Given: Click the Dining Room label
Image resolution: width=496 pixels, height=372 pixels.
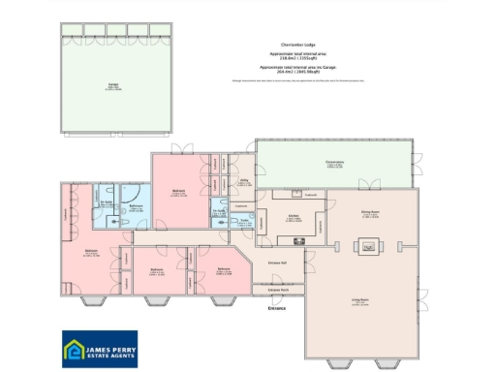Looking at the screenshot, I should pyautogui.click(x=369, y=215).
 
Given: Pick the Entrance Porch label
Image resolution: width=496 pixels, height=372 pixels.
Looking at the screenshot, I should pyautogui.click(x=278, y=290).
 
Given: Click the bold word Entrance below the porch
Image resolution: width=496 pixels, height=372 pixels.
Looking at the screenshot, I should pyautogui.click(x=278, y=309).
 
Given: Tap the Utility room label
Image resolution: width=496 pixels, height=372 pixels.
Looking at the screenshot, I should pyautogui.click(x=244, y=181).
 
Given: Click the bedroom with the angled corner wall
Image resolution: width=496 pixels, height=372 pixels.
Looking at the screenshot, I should pyautogui.click(x=223, y=271).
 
